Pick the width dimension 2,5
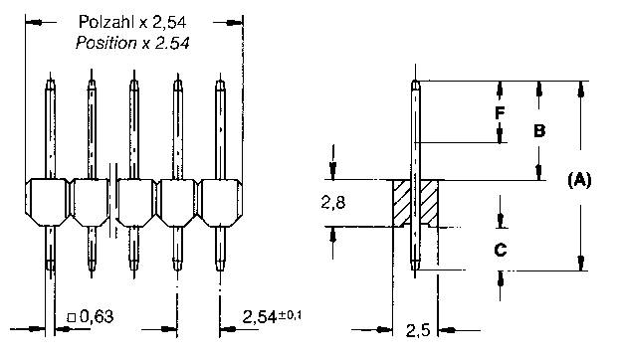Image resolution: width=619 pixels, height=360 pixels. coord(418,329)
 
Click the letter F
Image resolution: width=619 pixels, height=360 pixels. coord(502,112)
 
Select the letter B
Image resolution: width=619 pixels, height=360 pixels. coord(538,130)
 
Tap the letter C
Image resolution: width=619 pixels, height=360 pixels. coord(502,250)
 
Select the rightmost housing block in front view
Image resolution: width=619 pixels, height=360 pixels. coord(221,202)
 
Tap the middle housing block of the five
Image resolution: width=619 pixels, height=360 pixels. coord(134,202)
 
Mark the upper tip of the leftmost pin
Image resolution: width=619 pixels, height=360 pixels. coord(48,84)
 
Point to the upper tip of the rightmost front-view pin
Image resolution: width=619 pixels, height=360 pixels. coord(221,84)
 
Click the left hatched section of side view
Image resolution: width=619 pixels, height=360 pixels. coord(402,202)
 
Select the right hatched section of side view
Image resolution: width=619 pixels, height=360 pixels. coord(430,202)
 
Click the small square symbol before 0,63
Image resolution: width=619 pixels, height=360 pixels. coord(71,318)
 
